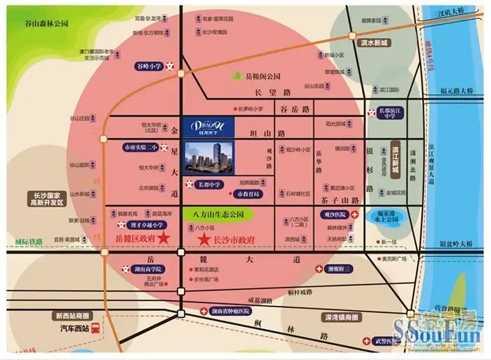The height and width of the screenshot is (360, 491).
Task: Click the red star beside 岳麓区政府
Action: (x=163, y=240)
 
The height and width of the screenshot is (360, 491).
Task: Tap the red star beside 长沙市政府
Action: (x=204, y=240)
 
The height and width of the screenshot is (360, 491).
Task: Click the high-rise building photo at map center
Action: (x=209, y=157)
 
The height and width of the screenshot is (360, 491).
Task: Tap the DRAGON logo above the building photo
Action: (x=209, y=124)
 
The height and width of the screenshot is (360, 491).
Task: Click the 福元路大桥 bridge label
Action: (x=461, y=91)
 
